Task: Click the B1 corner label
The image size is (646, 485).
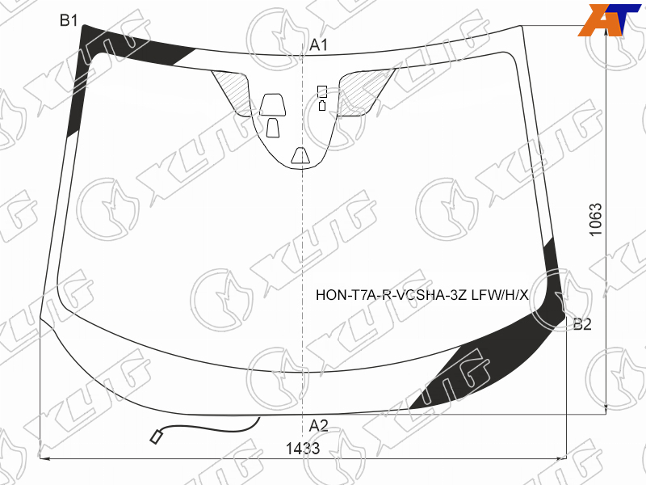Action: tap(69, 19)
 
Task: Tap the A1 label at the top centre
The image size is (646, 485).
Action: tap(318, 44)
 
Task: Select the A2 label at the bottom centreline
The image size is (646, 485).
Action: tap(318, 425)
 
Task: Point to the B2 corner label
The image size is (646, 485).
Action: tap(582, 324)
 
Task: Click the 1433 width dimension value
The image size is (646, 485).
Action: tap(303, 449)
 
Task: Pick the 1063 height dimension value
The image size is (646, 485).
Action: tap(596, 219)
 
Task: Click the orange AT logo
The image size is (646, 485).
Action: tap(610, 19)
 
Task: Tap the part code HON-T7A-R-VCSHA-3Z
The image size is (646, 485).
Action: tap(392, 295)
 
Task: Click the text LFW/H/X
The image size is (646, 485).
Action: tap(500, 295)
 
